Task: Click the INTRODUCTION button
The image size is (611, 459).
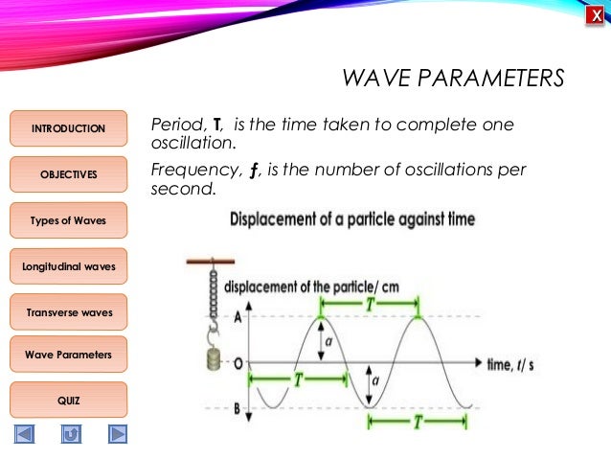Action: (x=68, y=128)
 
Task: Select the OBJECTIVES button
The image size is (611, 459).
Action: (x=68, y=174)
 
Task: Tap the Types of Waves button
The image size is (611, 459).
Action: (x=68, y=220)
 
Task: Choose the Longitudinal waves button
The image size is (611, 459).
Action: (x=68, y=265)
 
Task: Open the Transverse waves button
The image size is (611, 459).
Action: (x=68, y=311)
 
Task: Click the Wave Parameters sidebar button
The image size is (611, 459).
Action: (x=68, y=355)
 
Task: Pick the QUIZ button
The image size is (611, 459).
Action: (x=68, y=400)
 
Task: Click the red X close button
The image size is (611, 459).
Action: (x=596, y=16)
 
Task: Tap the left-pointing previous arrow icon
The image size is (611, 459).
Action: (x=24, y=434)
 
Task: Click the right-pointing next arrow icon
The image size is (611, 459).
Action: (x=117, y=434)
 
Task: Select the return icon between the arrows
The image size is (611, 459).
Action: (x=71, y=434)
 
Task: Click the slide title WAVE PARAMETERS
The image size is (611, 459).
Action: (x=453, y=78)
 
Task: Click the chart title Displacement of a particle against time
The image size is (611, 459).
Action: (x=352, y=219)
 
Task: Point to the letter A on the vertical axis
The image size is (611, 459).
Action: (x=237, y=317)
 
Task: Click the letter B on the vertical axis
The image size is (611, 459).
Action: (x=237, y=408)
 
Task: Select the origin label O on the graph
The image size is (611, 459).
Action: (x=237, y=363)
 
